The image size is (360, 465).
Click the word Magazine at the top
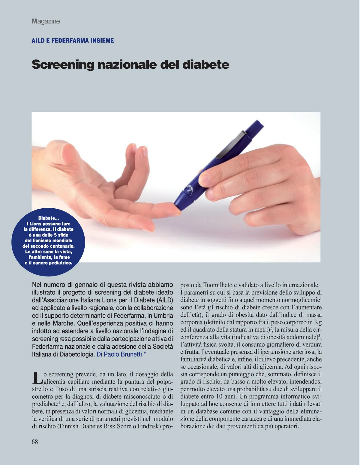coord(46,21)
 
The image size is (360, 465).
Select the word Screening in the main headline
coord(63,64)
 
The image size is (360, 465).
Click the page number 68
coord(35,442)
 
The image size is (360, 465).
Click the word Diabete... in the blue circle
coord(49,218)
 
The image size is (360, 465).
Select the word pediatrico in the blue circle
coord(60,263)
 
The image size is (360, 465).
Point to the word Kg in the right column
coord(318,322)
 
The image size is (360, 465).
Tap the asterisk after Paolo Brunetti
coord(145,354)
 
